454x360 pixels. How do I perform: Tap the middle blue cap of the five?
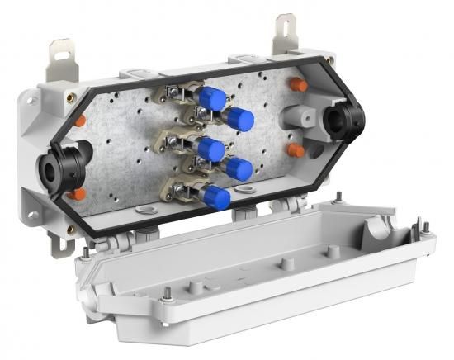[211, 149]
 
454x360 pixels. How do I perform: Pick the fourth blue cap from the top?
[239, 168]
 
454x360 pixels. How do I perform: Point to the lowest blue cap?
[216, 197]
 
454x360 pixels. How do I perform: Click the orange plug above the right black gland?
[298, 84]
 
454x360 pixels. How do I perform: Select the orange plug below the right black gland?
[296, 150]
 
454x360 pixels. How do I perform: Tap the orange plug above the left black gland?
[79, 121]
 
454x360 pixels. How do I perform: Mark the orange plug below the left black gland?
[76, 195]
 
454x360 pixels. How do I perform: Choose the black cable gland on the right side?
[343, 120]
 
